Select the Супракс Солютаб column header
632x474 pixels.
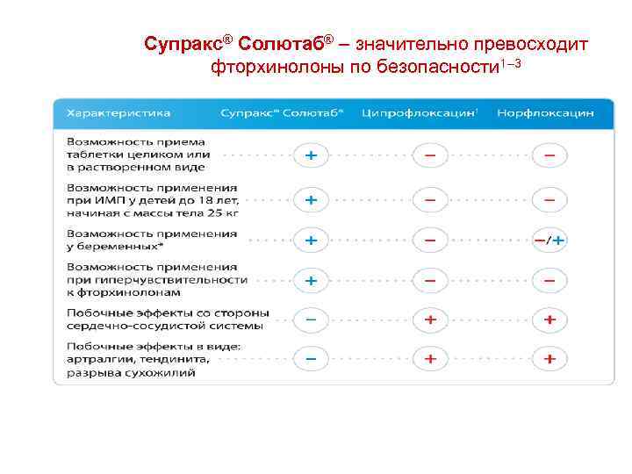click(x=282, y=113)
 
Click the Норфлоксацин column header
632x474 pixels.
click(x=545, y=113)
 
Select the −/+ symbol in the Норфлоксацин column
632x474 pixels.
click(x=550, y=240)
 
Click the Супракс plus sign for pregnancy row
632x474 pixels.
click(x=311, y=240)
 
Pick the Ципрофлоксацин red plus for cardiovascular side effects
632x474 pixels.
click(x=430, y=320)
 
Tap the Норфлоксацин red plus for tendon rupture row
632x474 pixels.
click(x=550, y=359)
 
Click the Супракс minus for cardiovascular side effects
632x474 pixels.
click(x=311, y=320)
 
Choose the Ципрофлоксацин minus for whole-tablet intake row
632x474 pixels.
click(x=430, y=156)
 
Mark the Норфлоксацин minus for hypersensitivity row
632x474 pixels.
click(x=550, y=280)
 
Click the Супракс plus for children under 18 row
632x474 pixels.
click(x=311, y=200)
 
